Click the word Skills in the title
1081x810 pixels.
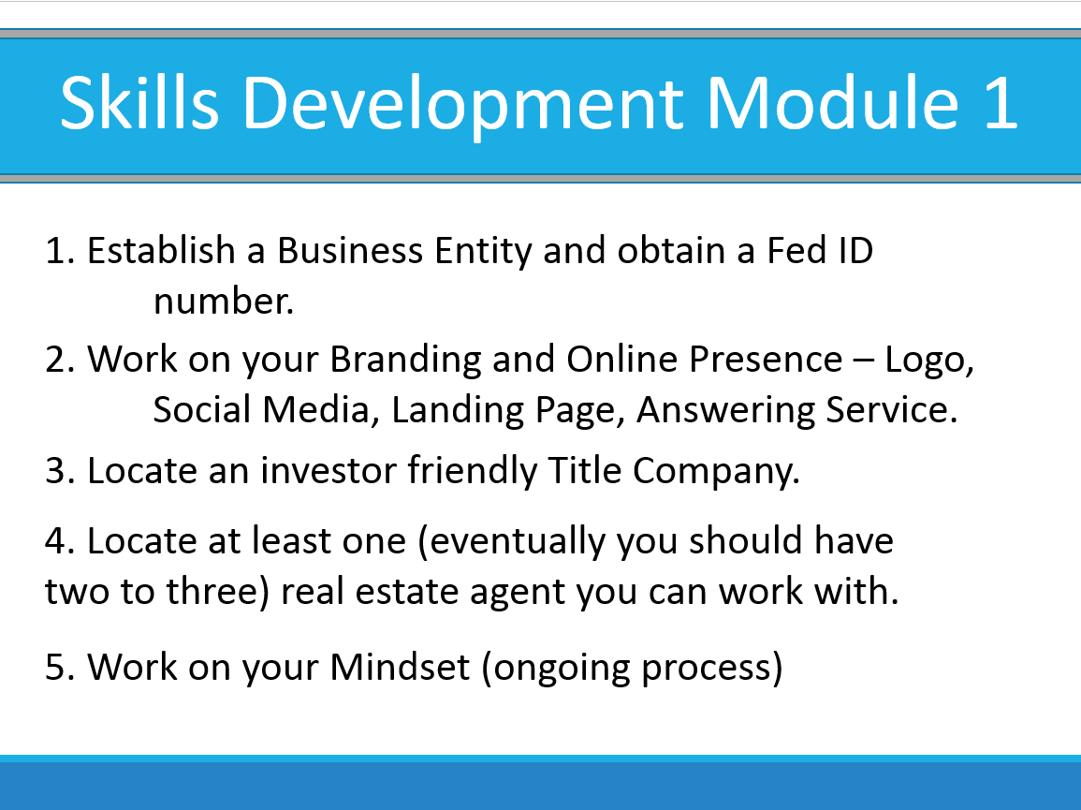tap(139, 103)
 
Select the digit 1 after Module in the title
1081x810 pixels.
tap(1001, 103)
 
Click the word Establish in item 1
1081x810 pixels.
tap(161, 250)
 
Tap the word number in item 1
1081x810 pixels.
tap(224, 302)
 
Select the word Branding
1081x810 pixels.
tap(404, 361)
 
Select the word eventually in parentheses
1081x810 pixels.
tap(517, 541)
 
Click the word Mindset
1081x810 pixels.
tap(400, 667)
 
